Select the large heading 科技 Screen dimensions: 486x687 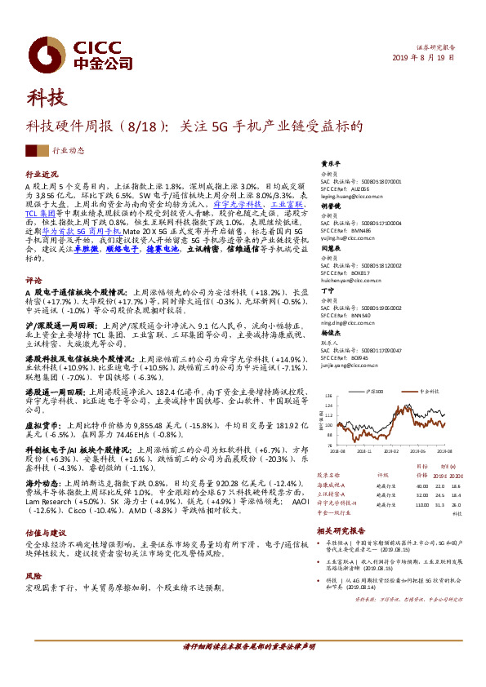pyautogui.click(x=48, y=99)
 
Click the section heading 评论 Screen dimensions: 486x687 pyautogui.click(x=33, y=279)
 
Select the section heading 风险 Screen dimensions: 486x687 pyautogui.click(x=33, y=574)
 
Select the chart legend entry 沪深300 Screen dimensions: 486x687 pyautogui.click(x=375, y=392)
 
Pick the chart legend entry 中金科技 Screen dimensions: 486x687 pyautogui.click(x=430, y=392)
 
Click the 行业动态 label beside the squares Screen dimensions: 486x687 pyautogui.click(x=68, y=151)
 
